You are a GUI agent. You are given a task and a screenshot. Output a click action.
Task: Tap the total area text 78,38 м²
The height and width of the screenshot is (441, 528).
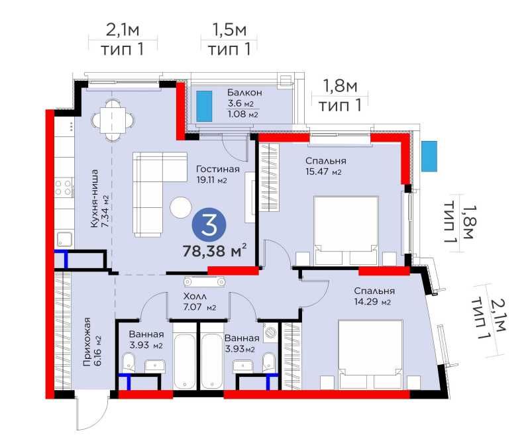(215, 251)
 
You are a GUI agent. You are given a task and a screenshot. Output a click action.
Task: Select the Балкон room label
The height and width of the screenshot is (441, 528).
(244, 92)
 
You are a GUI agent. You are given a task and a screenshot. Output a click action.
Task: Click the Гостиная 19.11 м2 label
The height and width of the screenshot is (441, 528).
(217, 174)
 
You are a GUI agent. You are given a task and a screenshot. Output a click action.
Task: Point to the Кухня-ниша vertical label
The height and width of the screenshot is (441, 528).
(100, 199)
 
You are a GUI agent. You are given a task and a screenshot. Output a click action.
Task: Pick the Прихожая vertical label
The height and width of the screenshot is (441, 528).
(92, 342)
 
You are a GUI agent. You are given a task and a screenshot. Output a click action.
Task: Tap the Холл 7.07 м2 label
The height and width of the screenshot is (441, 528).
(199, 302)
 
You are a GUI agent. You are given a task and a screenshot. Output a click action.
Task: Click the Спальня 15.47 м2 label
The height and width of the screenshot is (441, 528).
(325, 166)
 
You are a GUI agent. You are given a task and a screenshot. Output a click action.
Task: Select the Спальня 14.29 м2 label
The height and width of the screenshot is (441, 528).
(374, 296)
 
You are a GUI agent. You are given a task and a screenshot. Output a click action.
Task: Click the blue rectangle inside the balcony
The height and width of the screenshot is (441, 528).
(204, 106)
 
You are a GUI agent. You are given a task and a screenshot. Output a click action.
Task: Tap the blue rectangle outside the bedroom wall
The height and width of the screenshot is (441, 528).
(429, 156)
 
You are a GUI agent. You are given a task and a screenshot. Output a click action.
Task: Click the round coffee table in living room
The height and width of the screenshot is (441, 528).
(181, 207)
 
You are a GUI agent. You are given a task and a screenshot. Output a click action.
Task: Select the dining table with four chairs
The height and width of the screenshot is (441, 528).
(113, 120)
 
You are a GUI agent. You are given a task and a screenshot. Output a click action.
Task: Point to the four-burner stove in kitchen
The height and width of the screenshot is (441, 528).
(64, 187)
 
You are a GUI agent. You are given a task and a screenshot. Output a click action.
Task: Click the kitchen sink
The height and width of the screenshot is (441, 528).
(64, 240)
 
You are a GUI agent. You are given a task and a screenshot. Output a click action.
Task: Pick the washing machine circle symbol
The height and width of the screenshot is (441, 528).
(270, 332)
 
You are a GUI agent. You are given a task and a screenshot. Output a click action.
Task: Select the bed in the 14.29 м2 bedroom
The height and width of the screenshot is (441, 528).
(370, 355)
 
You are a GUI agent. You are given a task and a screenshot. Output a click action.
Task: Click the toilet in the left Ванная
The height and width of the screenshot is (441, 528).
(129, 363)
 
